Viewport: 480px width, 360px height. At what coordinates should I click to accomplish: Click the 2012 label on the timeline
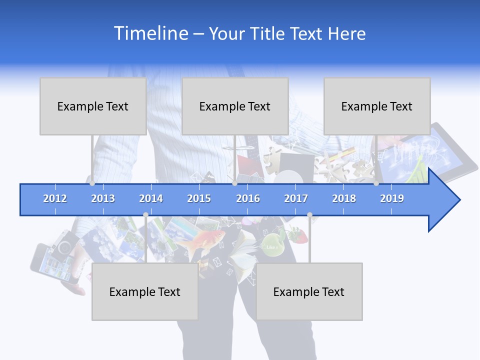55,198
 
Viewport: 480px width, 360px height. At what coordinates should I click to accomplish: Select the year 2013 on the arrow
103,198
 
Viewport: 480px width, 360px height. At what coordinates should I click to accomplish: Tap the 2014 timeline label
151,198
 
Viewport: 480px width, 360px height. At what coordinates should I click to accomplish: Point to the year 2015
199,198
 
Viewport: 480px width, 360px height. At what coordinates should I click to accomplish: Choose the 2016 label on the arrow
248,198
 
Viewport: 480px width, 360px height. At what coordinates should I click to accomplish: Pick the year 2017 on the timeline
296,198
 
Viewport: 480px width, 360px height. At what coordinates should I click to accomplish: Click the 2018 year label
344,198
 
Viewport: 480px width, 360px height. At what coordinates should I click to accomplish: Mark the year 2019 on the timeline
392,198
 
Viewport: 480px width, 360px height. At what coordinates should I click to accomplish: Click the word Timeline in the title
150,33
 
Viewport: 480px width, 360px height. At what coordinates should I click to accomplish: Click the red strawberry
295,233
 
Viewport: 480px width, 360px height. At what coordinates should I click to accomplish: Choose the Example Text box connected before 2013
93,106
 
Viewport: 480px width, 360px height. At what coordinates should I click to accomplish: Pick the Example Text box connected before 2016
235,106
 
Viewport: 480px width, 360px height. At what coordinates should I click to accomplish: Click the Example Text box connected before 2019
377,106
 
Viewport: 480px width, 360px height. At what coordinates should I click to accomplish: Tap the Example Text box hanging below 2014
145,291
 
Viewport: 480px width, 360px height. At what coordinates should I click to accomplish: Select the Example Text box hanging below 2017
309,291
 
